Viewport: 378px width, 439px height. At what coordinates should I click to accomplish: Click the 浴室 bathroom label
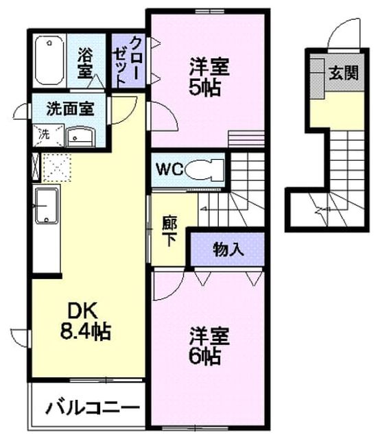click(x=85, y=62)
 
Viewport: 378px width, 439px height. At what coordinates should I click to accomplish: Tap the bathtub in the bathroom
click(x=49, y=61)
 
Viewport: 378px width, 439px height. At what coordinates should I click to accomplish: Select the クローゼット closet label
click(x=129, y=61)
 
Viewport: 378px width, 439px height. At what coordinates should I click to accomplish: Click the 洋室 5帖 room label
click(x=208, y=76)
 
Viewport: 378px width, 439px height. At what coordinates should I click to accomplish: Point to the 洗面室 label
click(x=70, y=108)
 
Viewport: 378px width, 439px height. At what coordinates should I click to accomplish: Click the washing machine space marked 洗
click(x=48, y=136)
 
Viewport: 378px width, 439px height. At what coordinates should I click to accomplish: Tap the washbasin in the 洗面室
click(x=81, y=137)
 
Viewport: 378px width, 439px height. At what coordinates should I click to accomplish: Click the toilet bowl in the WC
click(x=206, y=169)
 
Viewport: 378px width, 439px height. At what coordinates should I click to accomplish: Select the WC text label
click(x=169, y=169)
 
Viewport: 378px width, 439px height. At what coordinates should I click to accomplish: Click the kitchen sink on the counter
click(x=47, y=206)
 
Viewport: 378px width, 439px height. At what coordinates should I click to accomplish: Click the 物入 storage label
click(x=228, y=249)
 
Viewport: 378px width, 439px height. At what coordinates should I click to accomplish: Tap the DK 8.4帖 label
click(x=85, y=320)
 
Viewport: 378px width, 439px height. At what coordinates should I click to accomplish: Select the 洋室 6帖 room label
click(x=209, y=346)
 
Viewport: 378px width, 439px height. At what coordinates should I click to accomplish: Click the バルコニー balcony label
click(x=93, y=408)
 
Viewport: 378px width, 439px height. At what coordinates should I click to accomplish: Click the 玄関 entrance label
click(x=344, y=73)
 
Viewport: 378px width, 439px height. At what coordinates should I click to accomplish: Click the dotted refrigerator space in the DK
click(x=57, y=167)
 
